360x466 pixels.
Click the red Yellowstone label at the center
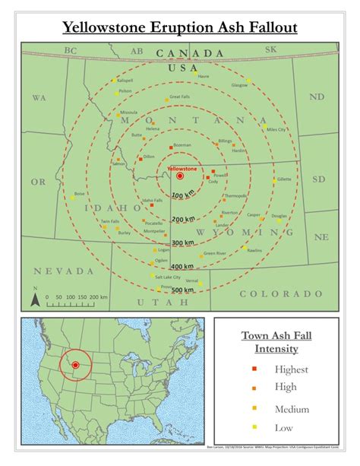[x=181, y=168]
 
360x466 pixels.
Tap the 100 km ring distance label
[x=182, y=196]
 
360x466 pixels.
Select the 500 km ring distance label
[x=182, y=290]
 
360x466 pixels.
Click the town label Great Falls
[x=180, y=97]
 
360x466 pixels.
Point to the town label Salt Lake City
[x=167, y=277]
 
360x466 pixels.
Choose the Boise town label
[x=80, y=193]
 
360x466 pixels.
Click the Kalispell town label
[x=125, y=80]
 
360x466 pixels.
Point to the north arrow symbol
[x=35, y=298]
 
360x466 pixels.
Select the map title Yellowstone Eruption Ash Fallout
[x=180, y=29]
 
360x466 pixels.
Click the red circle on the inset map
[x=75, y=366]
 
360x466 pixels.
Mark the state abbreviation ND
[x=317, y=97]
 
